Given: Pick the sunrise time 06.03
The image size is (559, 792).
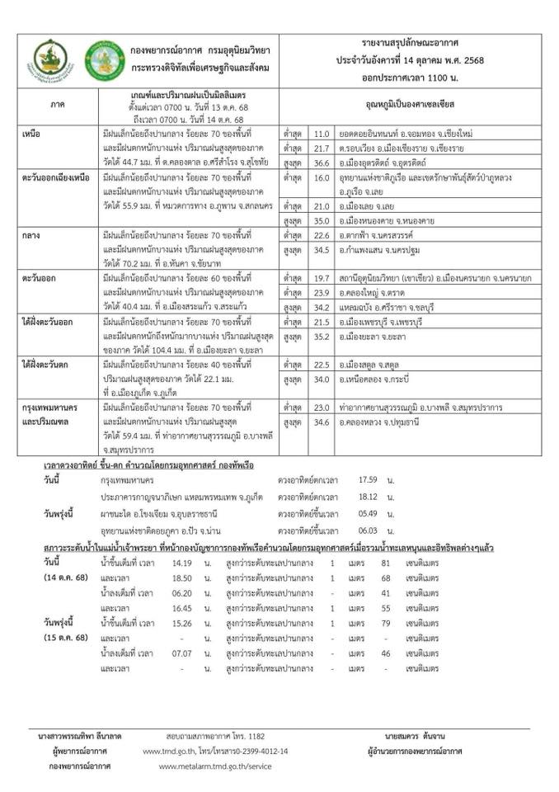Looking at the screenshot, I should (368, 530).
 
